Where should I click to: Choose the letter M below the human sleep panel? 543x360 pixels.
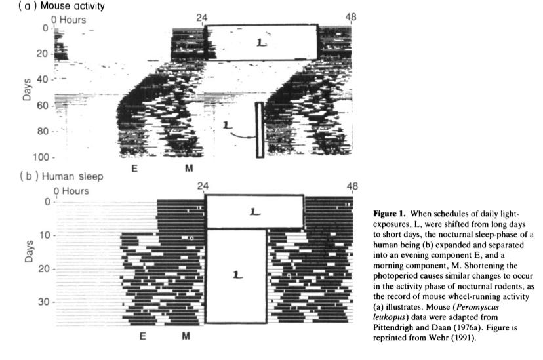[187, 336]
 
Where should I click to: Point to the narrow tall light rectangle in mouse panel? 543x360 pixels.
[260, 129]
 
